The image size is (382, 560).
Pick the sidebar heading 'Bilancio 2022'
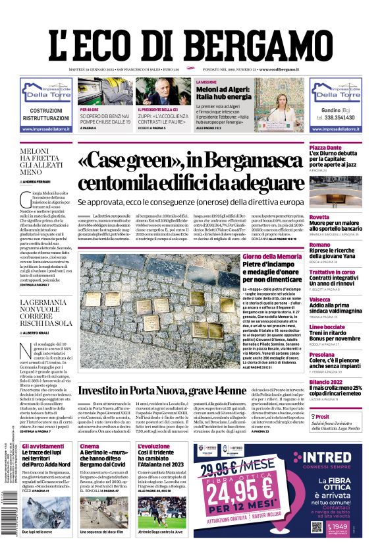pyautogui.click(x=328, y=382)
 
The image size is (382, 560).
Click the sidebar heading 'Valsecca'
pyautogui.click(x=321, y=299)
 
